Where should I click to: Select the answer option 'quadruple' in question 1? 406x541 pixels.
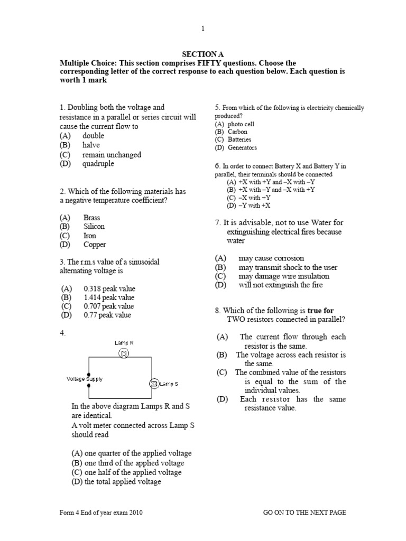98,164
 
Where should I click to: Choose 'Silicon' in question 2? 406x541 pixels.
94,227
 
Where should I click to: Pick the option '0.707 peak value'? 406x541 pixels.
109,306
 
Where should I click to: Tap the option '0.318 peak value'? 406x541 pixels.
109,289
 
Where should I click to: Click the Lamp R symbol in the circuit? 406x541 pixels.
124,353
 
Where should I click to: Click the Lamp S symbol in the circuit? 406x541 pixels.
154,383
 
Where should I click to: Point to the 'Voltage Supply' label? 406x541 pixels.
85,379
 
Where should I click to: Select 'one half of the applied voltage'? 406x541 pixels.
126,472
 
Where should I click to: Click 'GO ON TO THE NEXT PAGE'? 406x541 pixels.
304,512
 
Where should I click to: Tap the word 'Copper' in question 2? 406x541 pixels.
94,245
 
